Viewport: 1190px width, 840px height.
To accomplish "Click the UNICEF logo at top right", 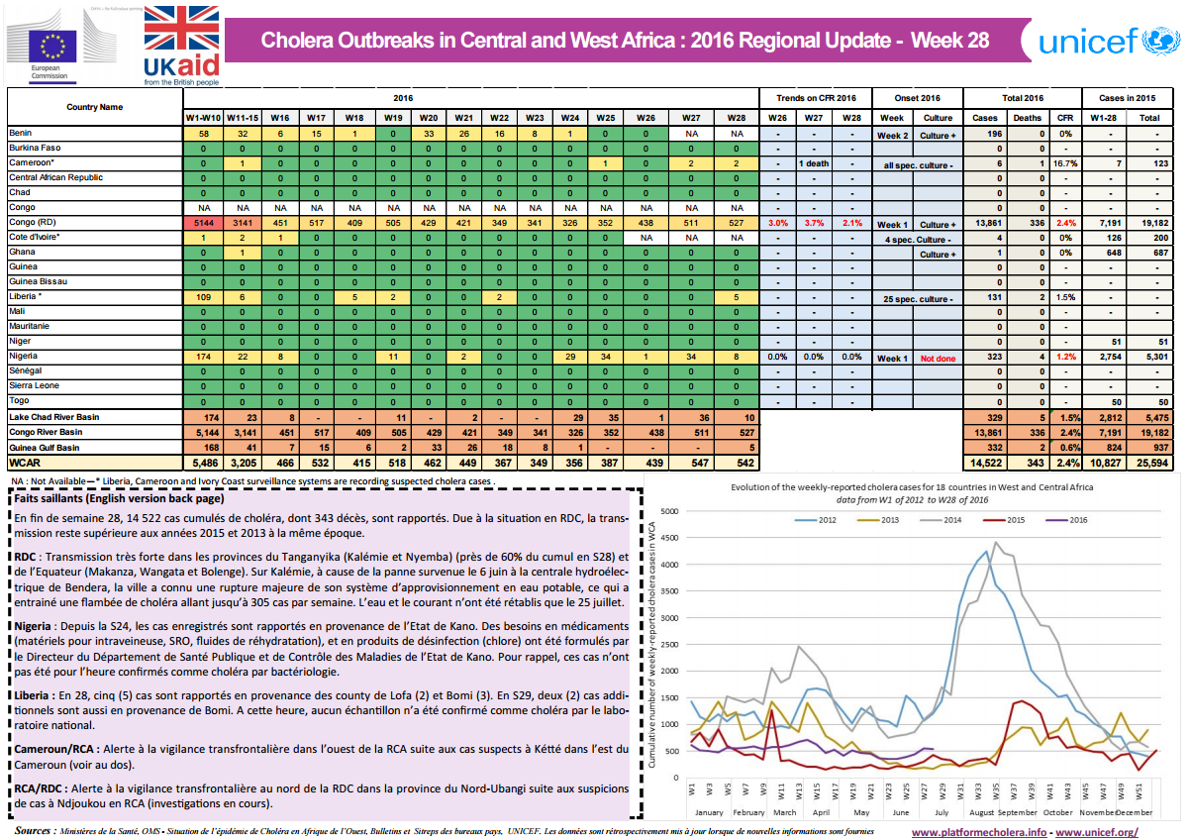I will point(1103,41).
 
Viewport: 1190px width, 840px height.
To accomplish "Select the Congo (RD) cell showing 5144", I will point(203,223).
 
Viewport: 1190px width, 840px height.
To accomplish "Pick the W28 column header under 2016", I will point(736,118).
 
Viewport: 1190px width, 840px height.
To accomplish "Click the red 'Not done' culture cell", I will point(937,359).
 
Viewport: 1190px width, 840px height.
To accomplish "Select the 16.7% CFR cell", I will point(1065,163).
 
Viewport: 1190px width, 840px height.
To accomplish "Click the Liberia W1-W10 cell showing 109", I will point(203,297).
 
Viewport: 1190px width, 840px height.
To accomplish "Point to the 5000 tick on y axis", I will point(669,511).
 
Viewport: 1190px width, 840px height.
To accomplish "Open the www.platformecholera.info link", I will point(977,831).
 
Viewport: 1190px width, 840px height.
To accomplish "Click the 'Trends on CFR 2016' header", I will point(816,98).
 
